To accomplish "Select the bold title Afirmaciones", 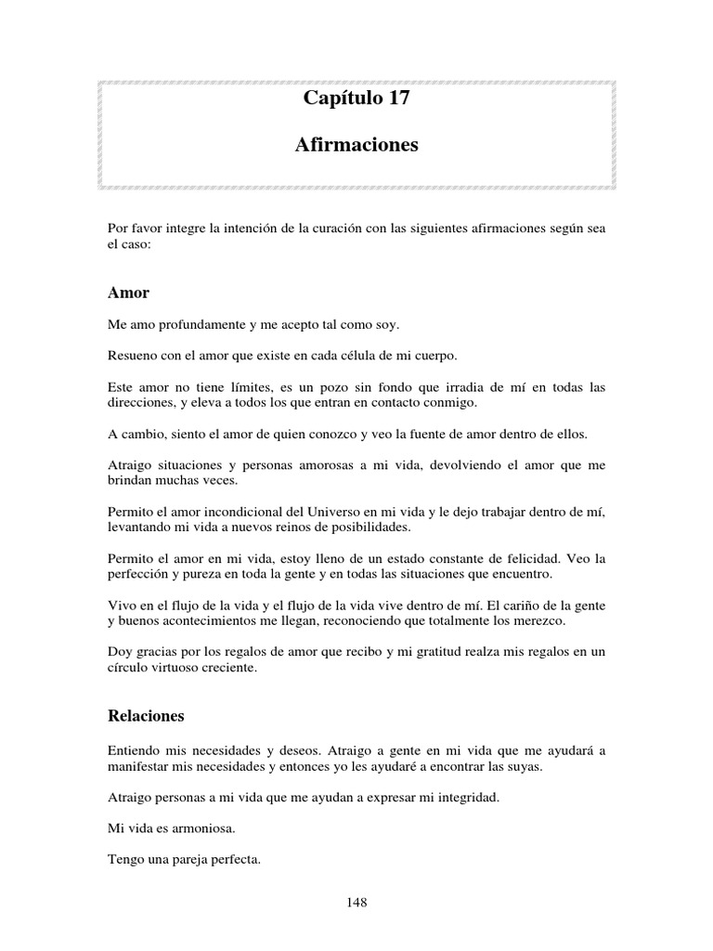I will coord(356,145).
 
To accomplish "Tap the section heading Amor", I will coord(128,293).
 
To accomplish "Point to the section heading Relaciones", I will coord(146,716).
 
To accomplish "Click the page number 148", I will coord(356,902).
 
